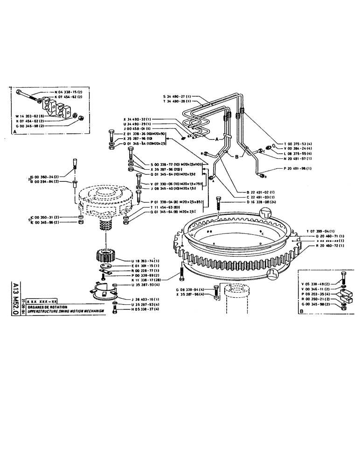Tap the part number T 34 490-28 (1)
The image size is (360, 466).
pos(179,101)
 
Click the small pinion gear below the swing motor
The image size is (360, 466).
pos(104,257)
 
